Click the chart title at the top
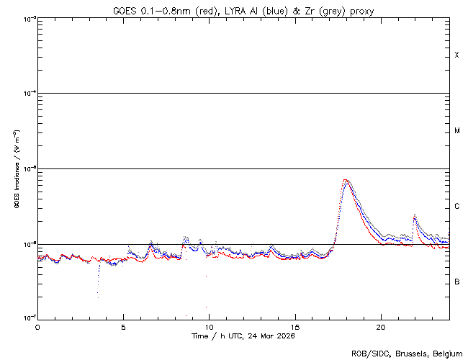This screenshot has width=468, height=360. [x=243, y=10]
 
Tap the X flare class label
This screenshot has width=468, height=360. [x=457, y=55]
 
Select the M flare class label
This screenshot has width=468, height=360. [x=457, y=131]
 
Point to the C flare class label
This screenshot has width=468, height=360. [x=457, y=207]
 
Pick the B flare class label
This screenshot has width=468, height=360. [x=457, y=282]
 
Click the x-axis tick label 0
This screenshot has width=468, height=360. [x=37, y=327]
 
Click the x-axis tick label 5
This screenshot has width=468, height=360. [x=123, y=327]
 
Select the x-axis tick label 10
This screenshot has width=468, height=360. [x=209, y=327]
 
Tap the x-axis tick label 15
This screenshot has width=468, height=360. [x=295, y=327]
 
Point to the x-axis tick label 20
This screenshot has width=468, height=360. [x=381, y=327]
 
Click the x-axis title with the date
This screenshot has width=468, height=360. [x=243, y=336]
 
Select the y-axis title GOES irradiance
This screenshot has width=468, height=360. [x=16, y=169]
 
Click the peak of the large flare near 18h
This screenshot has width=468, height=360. [x=346, y=180]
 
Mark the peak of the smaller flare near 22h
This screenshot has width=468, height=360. [x=415, y=215]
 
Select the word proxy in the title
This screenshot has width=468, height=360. [x=361, y=10]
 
